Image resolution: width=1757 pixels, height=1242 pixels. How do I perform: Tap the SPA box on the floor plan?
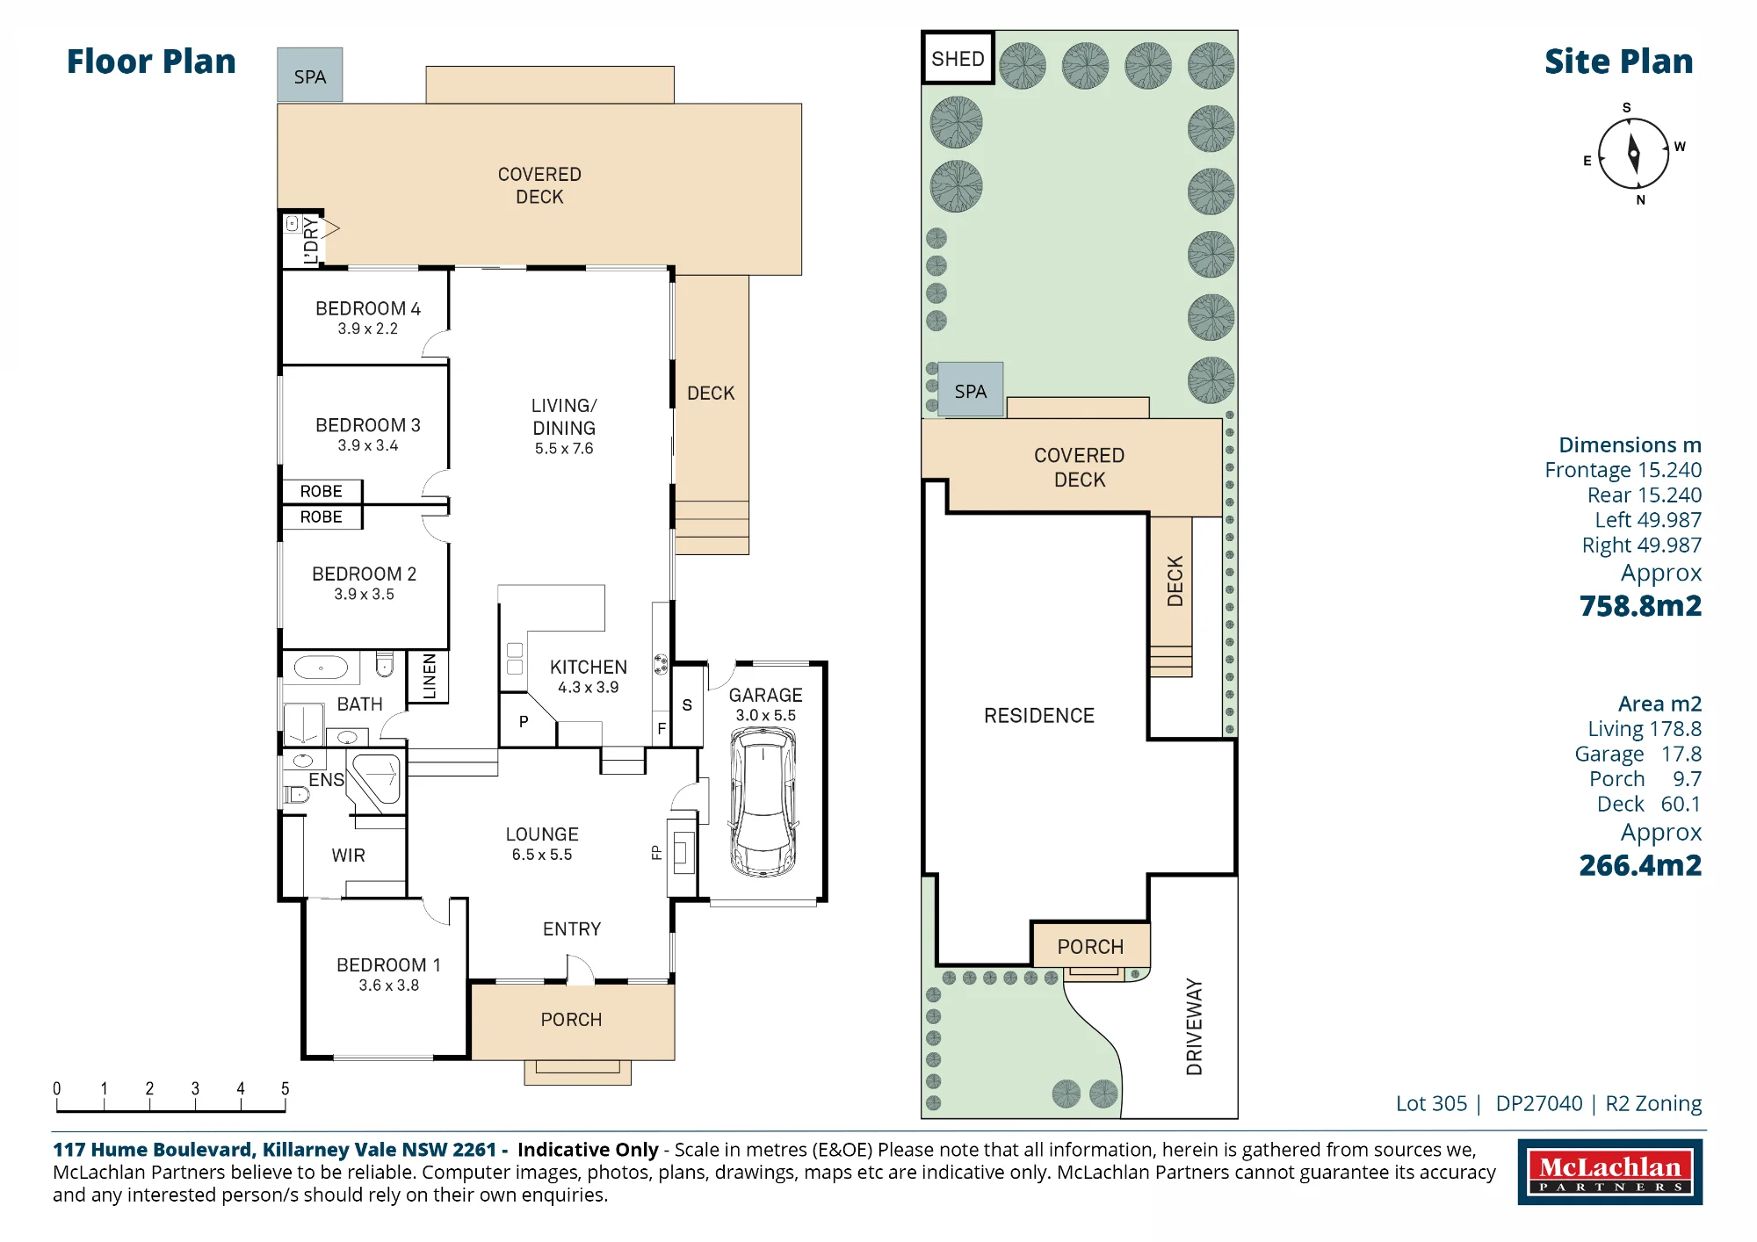pyautogui.click(x=310, y=76)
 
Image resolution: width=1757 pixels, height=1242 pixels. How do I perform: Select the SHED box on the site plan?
pyautogui.click(x=958, y=58)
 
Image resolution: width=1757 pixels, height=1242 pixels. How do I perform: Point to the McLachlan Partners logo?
pyautogui.click(x=1610, y=1172)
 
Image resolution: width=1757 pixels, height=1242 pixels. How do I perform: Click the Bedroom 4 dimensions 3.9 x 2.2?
pyautogui.click(x=368, y=329)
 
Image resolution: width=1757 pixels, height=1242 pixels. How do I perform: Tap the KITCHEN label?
pyautogui.click(x=589, y=667)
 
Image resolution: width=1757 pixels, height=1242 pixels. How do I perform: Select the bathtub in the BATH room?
pyautogui.click(x=321, y=668)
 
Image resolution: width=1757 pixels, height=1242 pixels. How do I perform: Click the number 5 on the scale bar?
pyautogui.click(x=285, y=1088)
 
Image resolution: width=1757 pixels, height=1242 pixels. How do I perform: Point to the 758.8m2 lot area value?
pyautogui.click(x=1640, y=606)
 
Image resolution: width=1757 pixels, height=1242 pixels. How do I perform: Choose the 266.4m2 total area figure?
pyautogui.click(x=1640, y=865)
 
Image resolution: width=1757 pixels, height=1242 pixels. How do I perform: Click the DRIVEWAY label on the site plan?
pyautogui.click(x=1194, y=1027)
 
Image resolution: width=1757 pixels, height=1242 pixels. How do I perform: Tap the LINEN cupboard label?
pyautogui.click(x=430, y=676)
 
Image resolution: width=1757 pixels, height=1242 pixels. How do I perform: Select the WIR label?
pyautogui.click(x=349, y=856)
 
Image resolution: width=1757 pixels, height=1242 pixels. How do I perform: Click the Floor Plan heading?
pyautogui.click(x=151, y=61)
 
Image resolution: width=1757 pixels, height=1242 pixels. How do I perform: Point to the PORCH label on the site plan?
pyautogui.click(x=1090, y=947)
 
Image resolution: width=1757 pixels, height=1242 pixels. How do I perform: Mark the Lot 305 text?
pyautogui.click(x=1431, y=1103)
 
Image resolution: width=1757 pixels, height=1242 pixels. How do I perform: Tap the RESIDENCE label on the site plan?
pyautogui.click(x=1039, y=716)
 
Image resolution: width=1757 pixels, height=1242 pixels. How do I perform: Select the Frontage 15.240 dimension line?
pyautogui.click(x=1623, y=470)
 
